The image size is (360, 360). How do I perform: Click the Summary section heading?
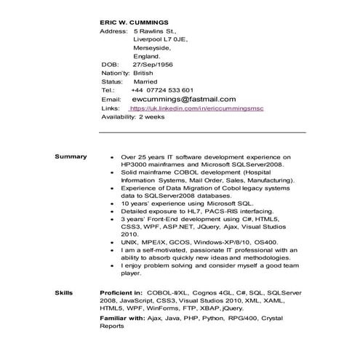point(71,156)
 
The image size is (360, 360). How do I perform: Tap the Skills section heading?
point(64,292)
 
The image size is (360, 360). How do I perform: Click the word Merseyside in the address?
point(152,48)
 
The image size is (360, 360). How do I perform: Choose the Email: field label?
point(111,98)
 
